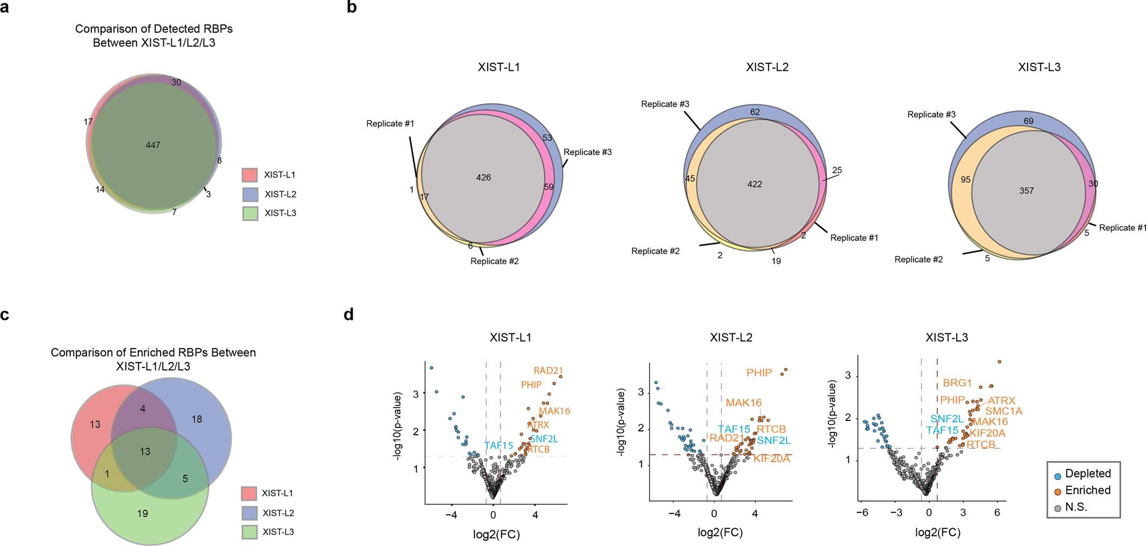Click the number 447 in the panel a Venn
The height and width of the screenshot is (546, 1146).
153,145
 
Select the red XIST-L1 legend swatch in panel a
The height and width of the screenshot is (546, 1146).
249,175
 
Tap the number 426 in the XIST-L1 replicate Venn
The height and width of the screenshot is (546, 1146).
483,177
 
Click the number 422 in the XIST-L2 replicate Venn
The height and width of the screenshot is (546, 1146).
755,184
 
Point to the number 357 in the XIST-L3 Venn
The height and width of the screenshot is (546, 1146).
1026,190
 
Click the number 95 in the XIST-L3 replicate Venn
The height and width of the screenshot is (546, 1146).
965,180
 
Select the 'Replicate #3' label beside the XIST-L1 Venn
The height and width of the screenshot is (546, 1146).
588,152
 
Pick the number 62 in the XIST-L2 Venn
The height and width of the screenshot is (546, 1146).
755,112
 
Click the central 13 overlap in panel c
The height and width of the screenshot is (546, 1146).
145,451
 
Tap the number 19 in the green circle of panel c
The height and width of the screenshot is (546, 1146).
142,513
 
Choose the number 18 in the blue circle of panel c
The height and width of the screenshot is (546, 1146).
197,419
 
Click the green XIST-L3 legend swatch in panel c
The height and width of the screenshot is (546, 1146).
249,532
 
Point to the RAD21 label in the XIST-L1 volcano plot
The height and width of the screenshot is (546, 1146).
548,371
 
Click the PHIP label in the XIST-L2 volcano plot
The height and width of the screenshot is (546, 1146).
759,373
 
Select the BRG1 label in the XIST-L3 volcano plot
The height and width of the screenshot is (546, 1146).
957,383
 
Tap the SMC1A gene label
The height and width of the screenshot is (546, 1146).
1004,411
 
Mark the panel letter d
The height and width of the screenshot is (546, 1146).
349,314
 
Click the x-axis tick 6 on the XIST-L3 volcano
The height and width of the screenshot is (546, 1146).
997,512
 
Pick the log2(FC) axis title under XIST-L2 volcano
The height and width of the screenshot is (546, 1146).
720,532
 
